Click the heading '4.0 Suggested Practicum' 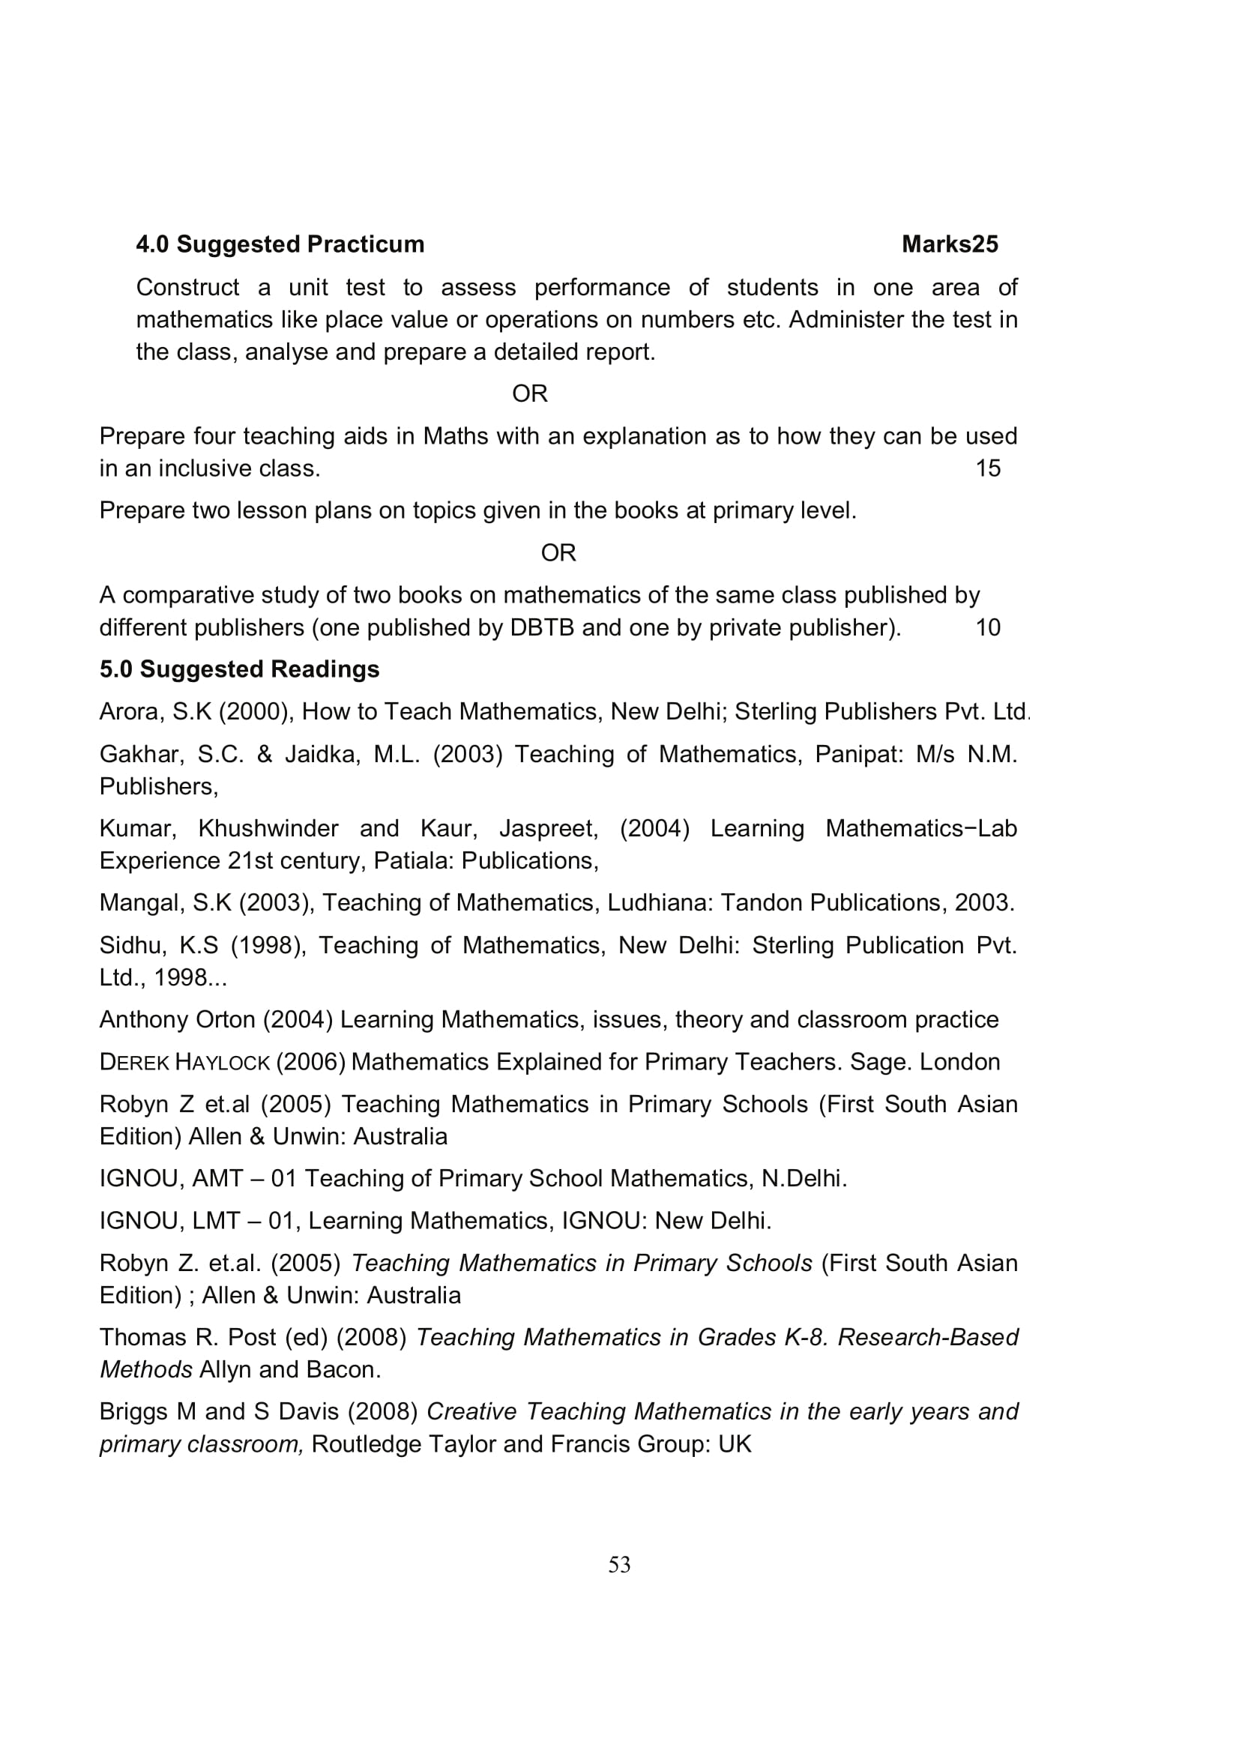(280, 244)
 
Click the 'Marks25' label (949, 244)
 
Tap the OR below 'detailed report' (529, 394)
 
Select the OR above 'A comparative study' (558, 553)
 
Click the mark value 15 (988, 468)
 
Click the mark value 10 (988, 627)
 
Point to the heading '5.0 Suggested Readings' (239, 669)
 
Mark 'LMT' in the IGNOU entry (216, 1221)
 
